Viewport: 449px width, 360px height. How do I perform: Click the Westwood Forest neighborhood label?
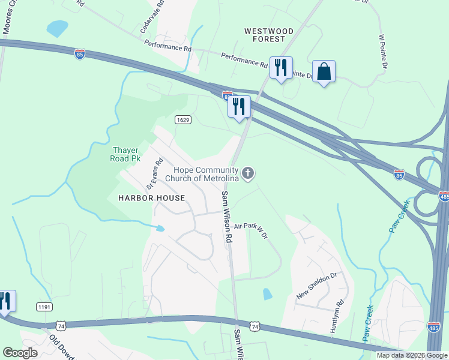(268, 35)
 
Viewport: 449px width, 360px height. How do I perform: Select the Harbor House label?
(143, 197)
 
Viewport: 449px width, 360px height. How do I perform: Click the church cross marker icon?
(249, 174)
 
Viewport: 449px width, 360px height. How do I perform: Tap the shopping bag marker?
(324, 71)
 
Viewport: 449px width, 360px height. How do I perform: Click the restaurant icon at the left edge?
(5, 301)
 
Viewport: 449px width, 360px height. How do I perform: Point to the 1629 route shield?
(183, 120)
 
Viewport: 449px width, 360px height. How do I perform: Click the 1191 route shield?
(44, 307)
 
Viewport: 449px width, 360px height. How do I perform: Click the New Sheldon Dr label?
(318, 286)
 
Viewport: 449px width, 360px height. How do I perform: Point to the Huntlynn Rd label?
(334, 316)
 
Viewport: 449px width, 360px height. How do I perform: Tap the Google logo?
(20, 353)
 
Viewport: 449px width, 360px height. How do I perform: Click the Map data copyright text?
(411, 355)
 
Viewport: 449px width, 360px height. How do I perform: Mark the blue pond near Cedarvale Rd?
(58, 28)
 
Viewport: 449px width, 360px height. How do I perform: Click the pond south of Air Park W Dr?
(267, 293)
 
